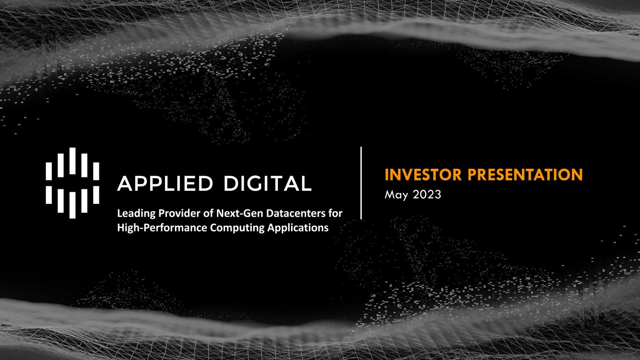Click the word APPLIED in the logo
click(165, 183)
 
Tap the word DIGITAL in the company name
click(268, 183)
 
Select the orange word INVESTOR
click(423, 174)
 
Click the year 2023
click(427, 195)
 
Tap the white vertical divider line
click(361, 183)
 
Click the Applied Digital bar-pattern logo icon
click(72, 183)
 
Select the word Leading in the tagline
click(136, 214)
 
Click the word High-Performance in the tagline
click(162, 228)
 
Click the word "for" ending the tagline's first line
click(336, 213)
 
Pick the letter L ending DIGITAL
click(306, 183)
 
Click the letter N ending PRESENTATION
click(577, 174)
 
